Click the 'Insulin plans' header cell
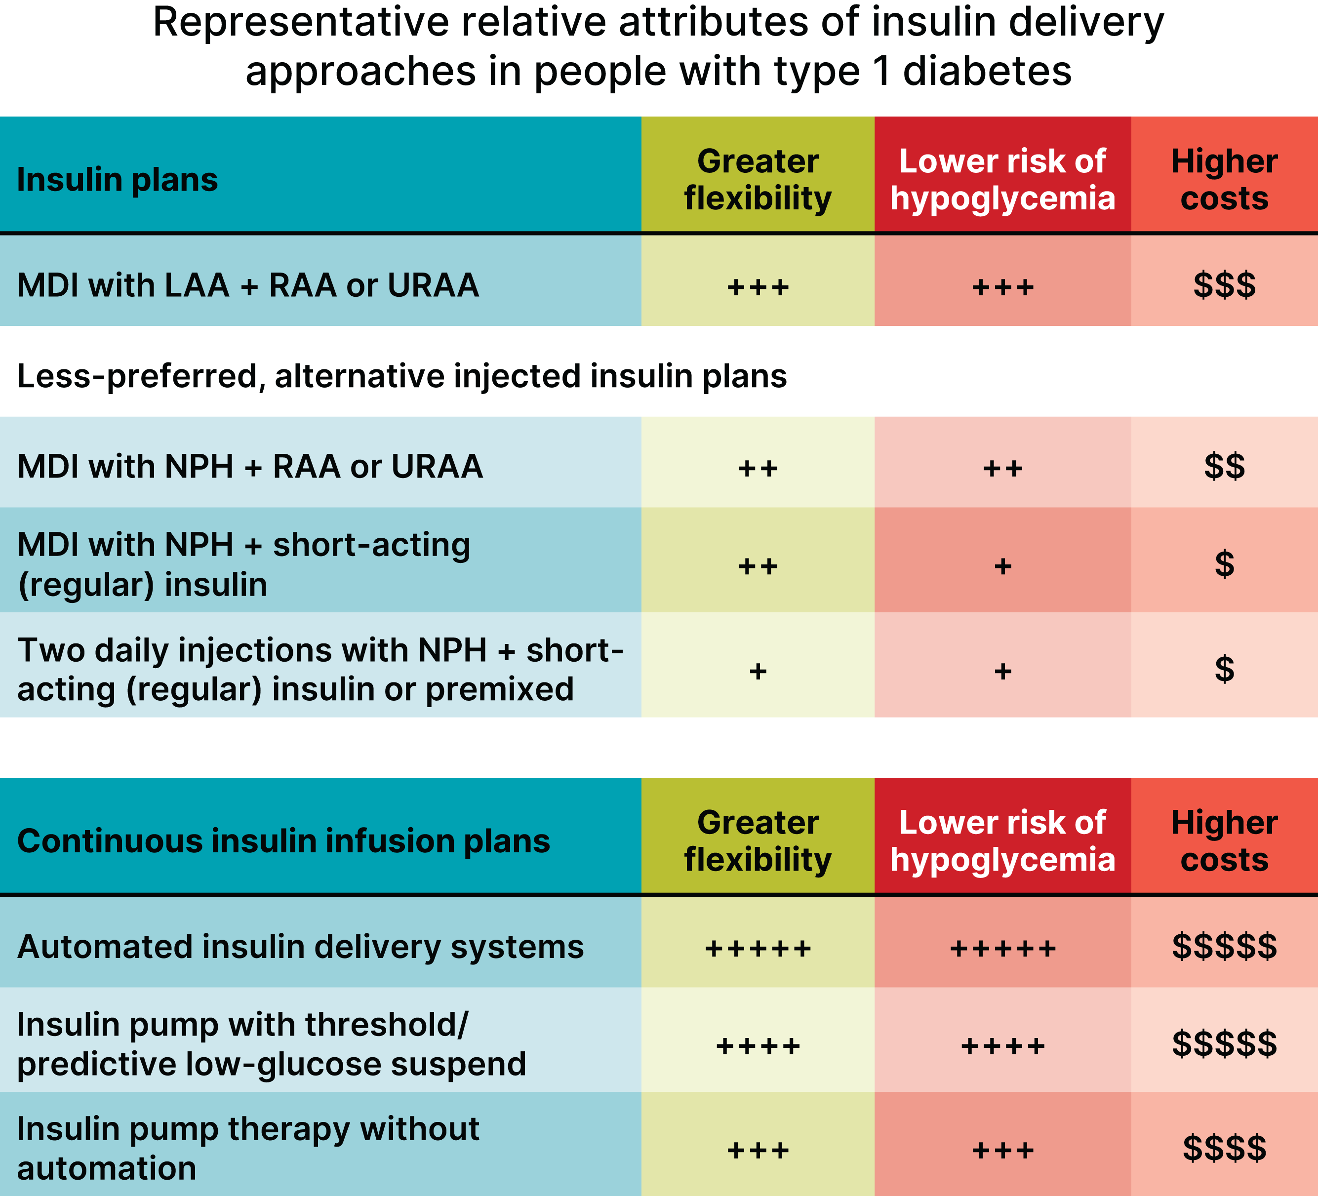tap(118, 180)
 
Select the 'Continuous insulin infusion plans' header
tap(283, 841)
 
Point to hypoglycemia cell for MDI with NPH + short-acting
tap(1002, 565)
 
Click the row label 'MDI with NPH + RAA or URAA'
tap(250, 466)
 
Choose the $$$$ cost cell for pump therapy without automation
tap(1224, 1149)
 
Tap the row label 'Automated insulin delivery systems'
tap(300, 947)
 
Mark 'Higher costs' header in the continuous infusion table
tap(1224, 841)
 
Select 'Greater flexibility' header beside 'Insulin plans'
tap(758, 180)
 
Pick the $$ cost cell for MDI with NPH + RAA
tap(1224, 466)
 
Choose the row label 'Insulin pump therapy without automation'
tap(248, 1149)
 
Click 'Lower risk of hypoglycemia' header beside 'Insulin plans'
tap(1002, 180)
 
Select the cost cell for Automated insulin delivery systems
tap(1224, 947)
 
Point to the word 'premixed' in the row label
tap(499, 689)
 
